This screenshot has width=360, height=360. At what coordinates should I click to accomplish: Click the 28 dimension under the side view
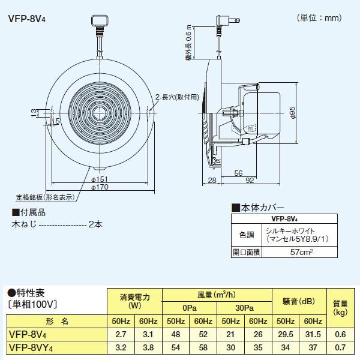click(x=211, y=180)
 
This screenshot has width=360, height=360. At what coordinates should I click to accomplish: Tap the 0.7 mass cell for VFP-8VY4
click(x=340, y=347)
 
